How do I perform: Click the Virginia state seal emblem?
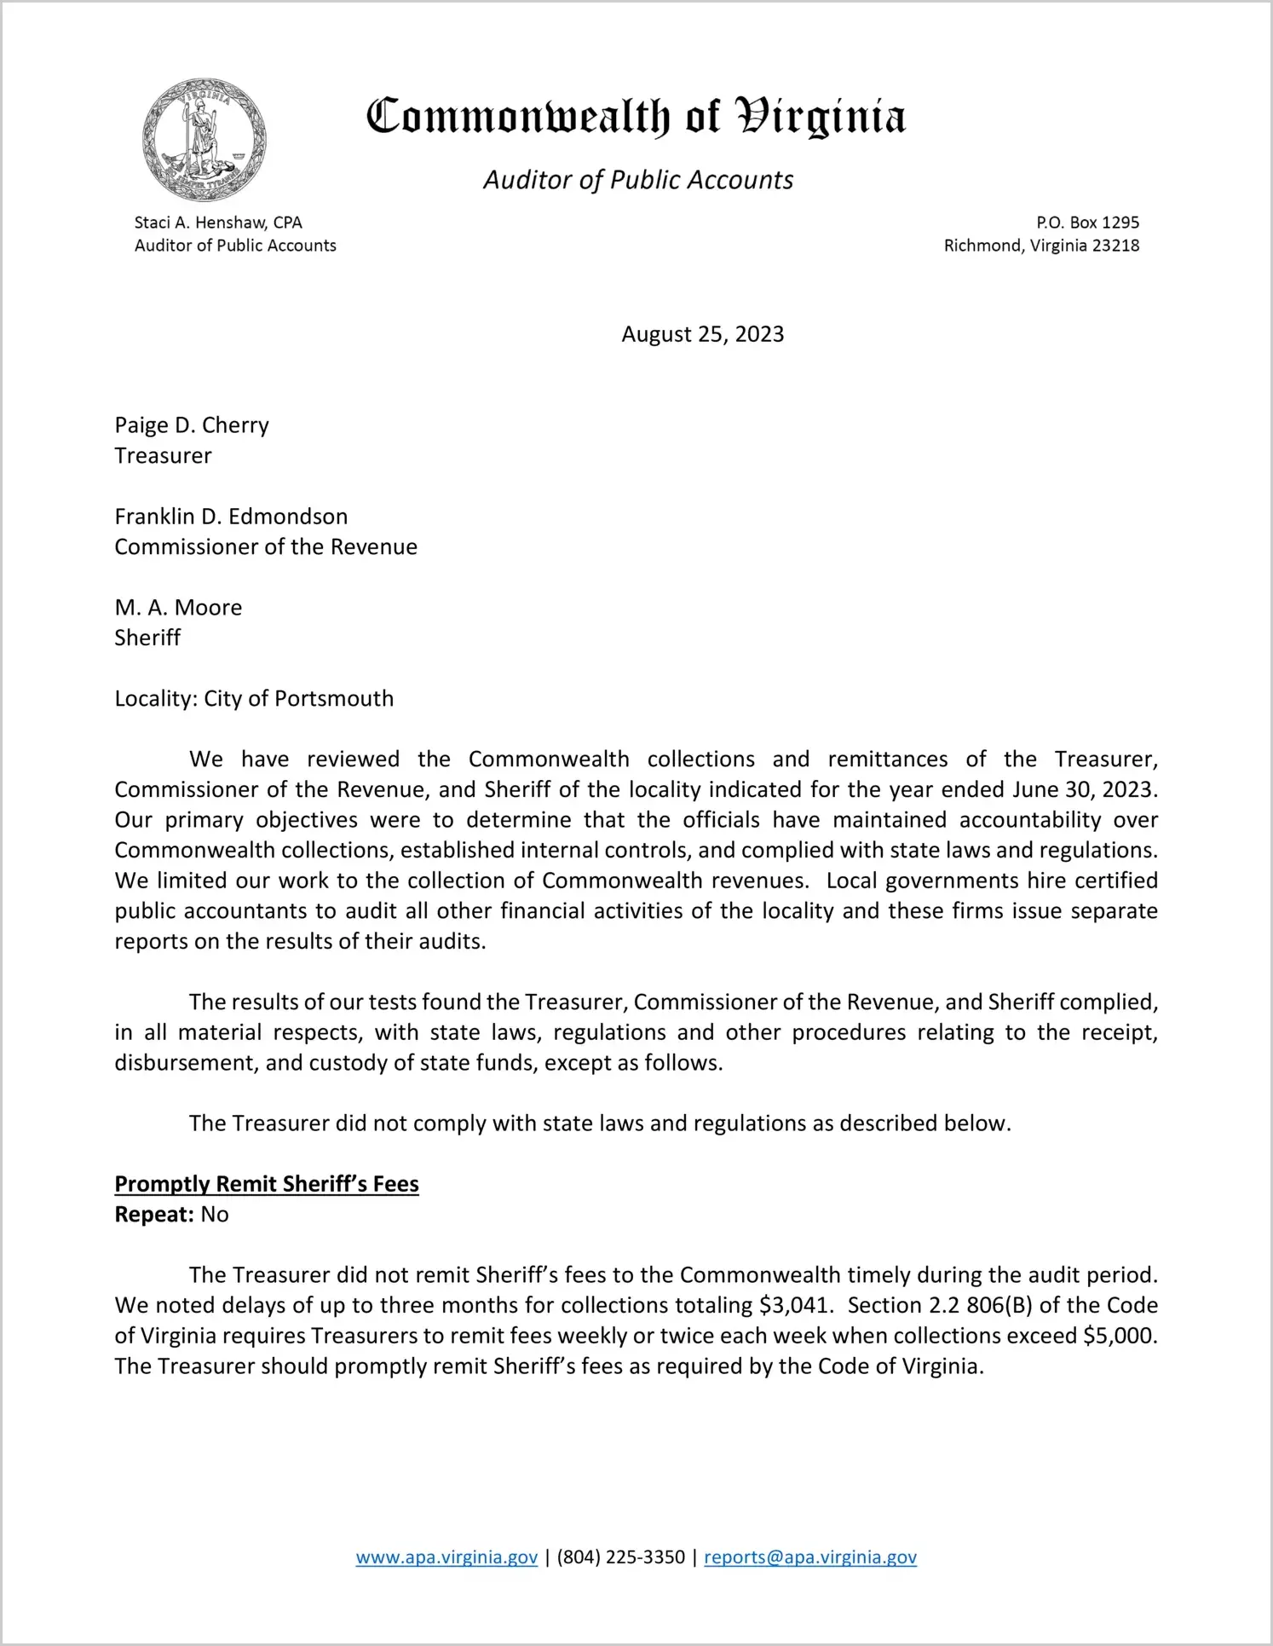click(x=204, y=140)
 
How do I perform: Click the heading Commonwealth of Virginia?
click(x=636, y=117)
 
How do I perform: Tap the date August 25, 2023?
click(x=702, y=334)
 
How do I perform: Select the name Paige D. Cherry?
click(x=192, y=425)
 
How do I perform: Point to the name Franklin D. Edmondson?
click(x=231, y=517)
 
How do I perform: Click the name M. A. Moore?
click(x=178, y=608)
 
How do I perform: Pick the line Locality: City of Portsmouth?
click(x=254, y=699)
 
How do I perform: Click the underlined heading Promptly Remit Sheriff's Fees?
click(x=267, y=1184)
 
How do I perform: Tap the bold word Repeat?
click(x=154, y=1215)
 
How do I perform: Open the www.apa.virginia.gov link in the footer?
click(x=446, y=1557)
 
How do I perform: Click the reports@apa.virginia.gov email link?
click(x=809, y=1557)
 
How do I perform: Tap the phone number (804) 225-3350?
click(x=620, y=1557)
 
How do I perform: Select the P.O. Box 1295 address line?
click(x=1087, y=222)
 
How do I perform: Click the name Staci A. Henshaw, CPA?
click(x=218, y=222)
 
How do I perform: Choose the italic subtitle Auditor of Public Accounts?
click(x=638, y=180)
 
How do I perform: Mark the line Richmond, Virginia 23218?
click(x=1041, y=245)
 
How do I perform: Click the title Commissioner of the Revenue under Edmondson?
click(x=266, y=547)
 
